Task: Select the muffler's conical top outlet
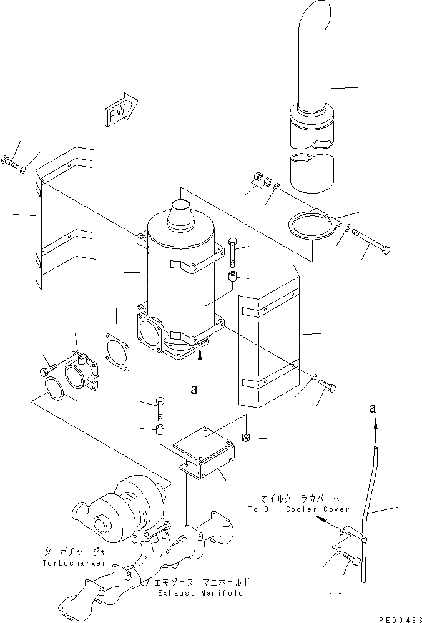coord(180,212)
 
